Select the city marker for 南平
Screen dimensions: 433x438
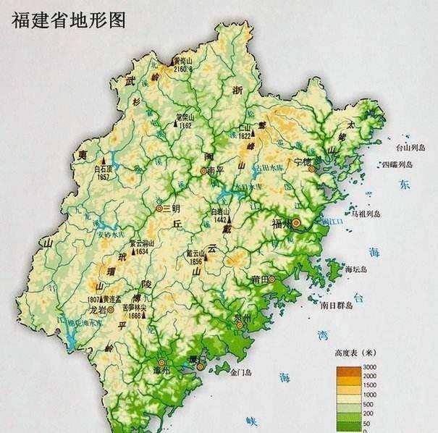click(x=204, y=172)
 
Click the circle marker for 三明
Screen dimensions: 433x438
click(x=159, y=208)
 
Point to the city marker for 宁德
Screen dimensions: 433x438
click(x=312, y=168)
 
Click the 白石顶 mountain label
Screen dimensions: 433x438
click(x=104, y=168)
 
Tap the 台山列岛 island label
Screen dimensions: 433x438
click(x=408, y=148)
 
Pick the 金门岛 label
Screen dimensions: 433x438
click(x=240, y=373)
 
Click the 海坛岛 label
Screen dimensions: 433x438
click(x=356, y=269)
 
